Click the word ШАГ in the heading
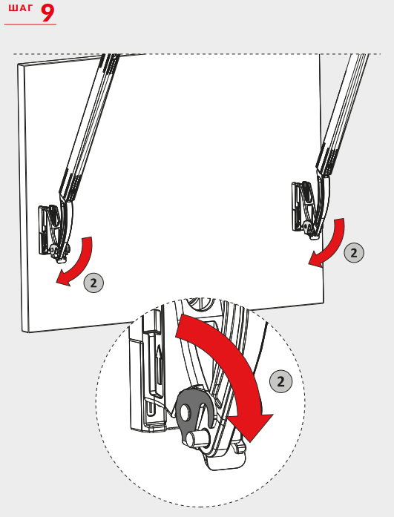21,8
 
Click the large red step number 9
47,13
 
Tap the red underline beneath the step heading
30,24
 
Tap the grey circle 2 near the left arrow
93,283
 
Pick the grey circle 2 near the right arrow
354,253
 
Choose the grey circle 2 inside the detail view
281,381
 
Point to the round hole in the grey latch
185,412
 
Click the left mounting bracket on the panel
53,231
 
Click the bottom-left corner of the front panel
23,331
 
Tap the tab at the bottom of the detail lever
227,460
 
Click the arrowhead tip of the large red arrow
252,442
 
